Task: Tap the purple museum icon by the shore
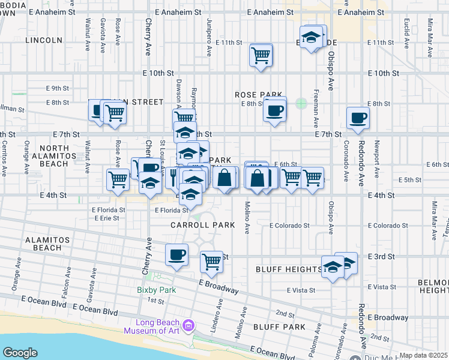188,326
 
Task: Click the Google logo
20,353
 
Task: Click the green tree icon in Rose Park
301,104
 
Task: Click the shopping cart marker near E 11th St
261,56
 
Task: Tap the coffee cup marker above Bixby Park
177,254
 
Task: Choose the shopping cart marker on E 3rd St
211,261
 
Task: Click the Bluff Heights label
288,269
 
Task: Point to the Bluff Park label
280,327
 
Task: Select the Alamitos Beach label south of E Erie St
43,244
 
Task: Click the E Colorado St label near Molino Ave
289,226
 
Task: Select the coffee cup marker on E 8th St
275,111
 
